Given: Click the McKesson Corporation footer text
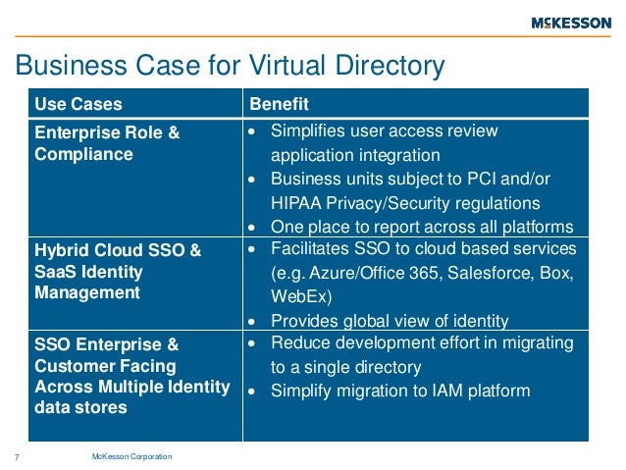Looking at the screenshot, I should point(131,456).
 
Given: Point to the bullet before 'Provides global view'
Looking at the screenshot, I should point(252,321).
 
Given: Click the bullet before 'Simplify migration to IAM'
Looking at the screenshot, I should point(252,391).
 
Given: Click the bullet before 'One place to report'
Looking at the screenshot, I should point(252,227).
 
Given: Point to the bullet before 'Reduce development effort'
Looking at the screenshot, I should point(252,343).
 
